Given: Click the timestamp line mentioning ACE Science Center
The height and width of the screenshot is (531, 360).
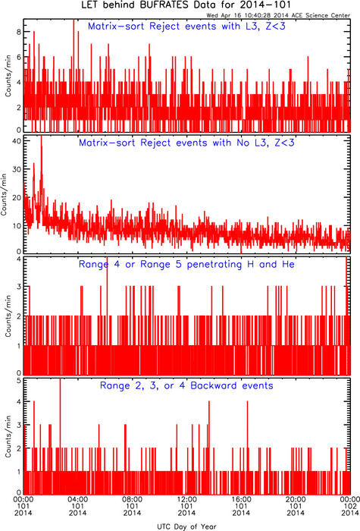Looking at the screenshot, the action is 278,15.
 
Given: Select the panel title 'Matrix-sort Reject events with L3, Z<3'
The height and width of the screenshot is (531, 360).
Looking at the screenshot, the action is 186,27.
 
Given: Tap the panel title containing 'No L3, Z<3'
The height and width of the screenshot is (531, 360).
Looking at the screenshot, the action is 186,143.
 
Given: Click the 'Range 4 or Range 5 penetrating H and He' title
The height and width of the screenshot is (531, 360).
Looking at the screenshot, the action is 186,264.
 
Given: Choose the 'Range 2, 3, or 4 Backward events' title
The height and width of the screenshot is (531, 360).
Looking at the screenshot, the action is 186,385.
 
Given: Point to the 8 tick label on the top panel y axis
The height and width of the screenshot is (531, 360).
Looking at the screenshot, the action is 19,32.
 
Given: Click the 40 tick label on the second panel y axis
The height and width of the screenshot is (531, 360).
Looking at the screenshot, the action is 17,140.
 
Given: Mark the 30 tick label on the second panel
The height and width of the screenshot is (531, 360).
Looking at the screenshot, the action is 17,169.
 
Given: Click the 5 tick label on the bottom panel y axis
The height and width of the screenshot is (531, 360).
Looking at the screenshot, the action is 19,380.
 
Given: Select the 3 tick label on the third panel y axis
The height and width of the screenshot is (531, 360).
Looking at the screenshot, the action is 19,287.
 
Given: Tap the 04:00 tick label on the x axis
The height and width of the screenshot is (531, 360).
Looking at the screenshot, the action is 78,499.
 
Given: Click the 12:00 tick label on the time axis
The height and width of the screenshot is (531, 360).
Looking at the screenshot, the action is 186,499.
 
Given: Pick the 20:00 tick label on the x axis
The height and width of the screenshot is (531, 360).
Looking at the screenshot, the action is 296,499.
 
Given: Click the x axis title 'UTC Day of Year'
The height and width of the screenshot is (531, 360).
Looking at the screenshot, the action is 186,526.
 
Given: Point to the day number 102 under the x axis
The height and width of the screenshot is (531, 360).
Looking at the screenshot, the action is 350,506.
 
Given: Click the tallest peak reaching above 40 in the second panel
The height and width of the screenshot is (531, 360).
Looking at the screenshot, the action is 41,136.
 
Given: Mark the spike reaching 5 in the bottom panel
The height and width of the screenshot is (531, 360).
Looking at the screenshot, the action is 60,379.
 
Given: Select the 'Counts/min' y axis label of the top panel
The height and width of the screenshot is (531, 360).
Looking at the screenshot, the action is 8,76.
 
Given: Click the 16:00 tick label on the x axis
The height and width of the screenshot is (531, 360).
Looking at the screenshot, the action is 241,499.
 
